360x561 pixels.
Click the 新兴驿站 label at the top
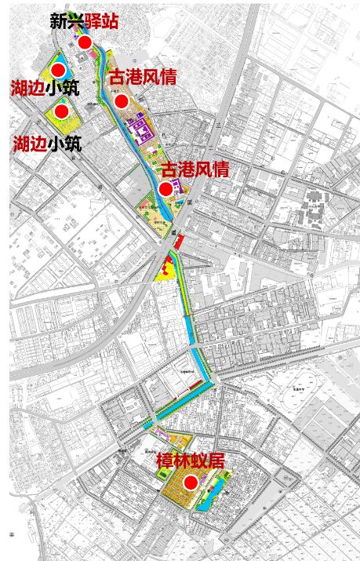point(84,21)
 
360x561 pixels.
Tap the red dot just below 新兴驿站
point(85,42)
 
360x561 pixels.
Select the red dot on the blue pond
point(58,70)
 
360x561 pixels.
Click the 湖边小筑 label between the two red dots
point(45,88)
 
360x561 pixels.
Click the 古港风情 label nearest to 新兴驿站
point(142,77)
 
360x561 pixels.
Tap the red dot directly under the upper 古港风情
point(121,100)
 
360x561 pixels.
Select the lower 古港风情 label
point(195,169)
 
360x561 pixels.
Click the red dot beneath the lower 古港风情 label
point(165,189)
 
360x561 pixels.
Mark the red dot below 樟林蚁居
point(190,483)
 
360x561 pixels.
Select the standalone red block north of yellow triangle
point(178,241)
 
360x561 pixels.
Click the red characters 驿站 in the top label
point(101,21)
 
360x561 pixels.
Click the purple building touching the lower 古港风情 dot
point(177,186)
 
